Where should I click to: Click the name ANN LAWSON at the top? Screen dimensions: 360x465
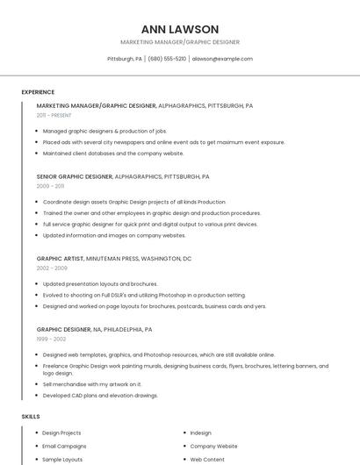(x=180, y=29)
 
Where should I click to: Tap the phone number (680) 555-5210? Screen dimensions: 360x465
(x=167, y=59)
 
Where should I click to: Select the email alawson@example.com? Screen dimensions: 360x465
(x=222, y=59)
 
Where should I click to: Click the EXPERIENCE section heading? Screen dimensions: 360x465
(x=38, y=92)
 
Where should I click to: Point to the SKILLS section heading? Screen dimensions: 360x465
(x=31, y=417)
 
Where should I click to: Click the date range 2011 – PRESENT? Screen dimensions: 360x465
(x=54, y=115)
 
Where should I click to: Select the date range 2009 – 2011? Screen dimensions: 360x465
(x=50, y=186)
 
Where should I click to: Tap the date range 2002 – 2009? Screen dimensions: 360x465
(x=52, y=268)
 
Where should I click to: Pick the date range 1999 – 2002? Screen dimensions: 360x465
(x=51, y=339)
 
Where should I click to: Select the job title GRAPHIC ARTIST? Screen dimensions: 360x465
(x=59, y=259)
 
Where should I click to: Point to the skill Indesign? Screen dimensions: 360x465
(x=201, y=433)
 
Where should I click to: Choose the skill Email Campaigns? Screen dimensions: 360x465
(x=65, y=446)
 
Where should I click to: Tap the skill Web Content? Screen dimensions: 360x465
(x=207, y=459)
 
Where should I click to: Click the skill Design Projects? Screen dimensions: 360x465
(x=61, y=433)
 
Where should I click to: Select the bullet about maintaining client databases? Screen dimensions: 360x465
(x=113, y=153)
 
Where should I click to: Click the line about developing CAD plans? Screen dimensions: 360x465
(x=100, y=396)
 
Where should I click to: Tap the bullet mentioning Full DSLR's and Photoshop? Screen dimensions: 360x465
(x=144, y=295)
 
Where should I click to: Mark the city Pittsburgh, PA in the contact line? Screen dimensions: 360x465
(x=125, y=59)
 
